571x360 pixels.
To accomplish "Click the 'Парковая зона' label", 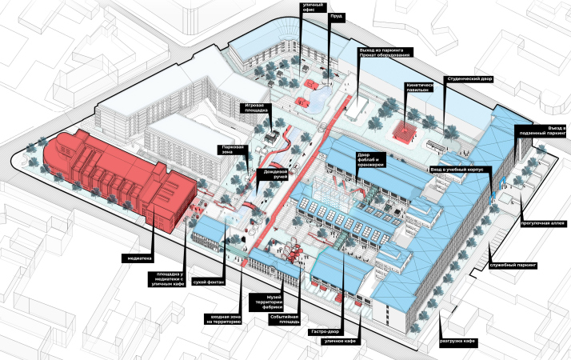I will (233, 150).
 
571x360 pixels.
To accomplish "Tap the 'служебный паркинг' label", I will (513, 263).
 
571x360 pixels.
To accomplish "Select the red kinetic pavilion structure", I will (406, 130).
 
